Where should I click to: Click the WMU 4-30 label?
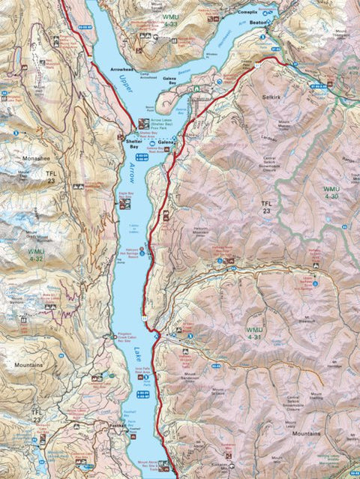331,192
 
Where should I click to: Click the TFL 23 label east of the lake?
264,208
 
